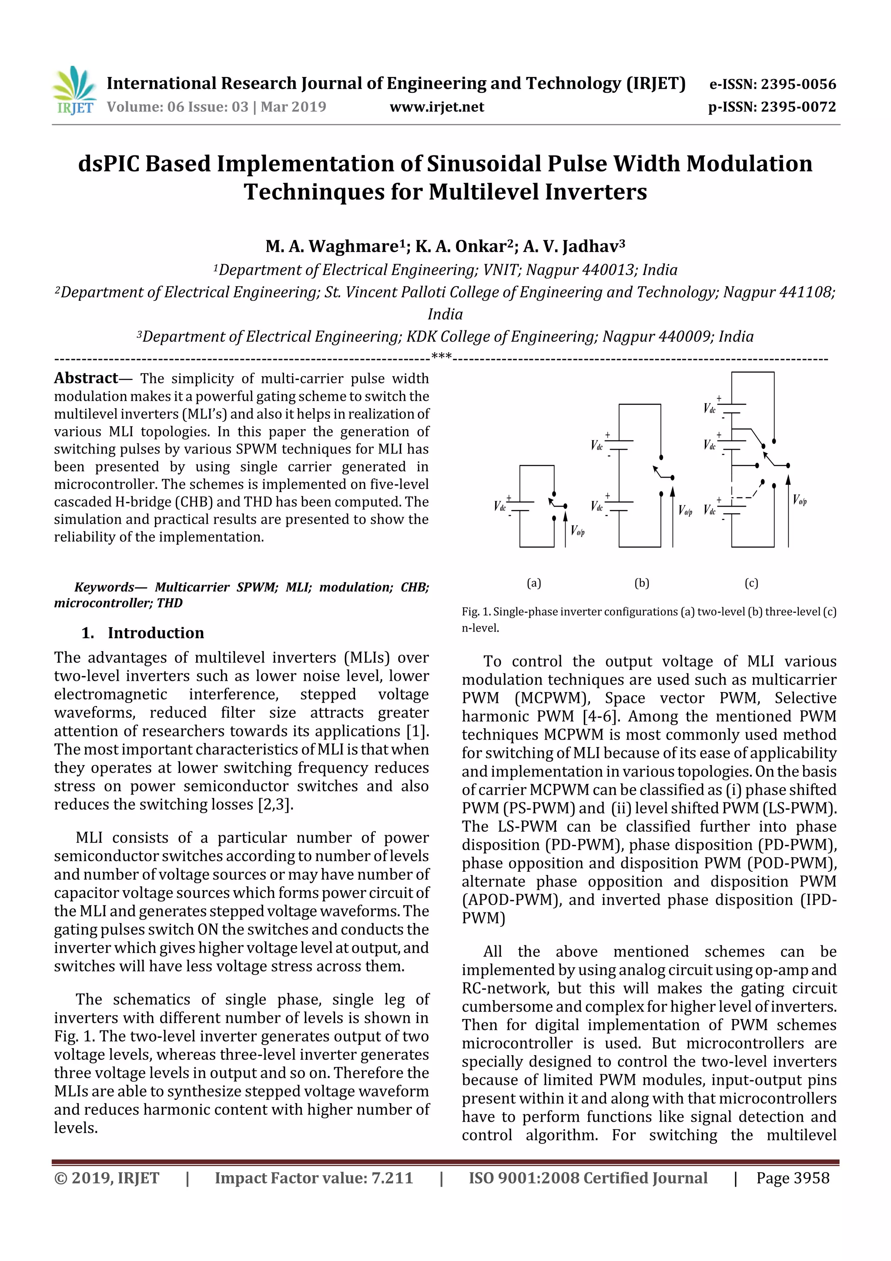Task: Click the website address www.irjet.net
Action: tap(436, 107)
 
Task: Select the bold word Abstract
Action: tap(86, 378)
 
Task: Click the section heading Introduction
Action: tap(155, 633)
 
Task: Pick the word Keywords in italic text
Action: tap(104, 587)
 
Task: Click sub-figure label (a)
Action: tap(534, 583)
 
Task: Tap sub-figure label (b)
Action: tap(641, 583)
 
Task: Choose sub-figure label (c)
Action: tap(751, 583)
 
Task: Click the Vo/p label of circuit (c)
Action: tap(799, 500)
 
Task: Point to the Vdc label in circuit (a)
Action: tap(499, 506)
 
